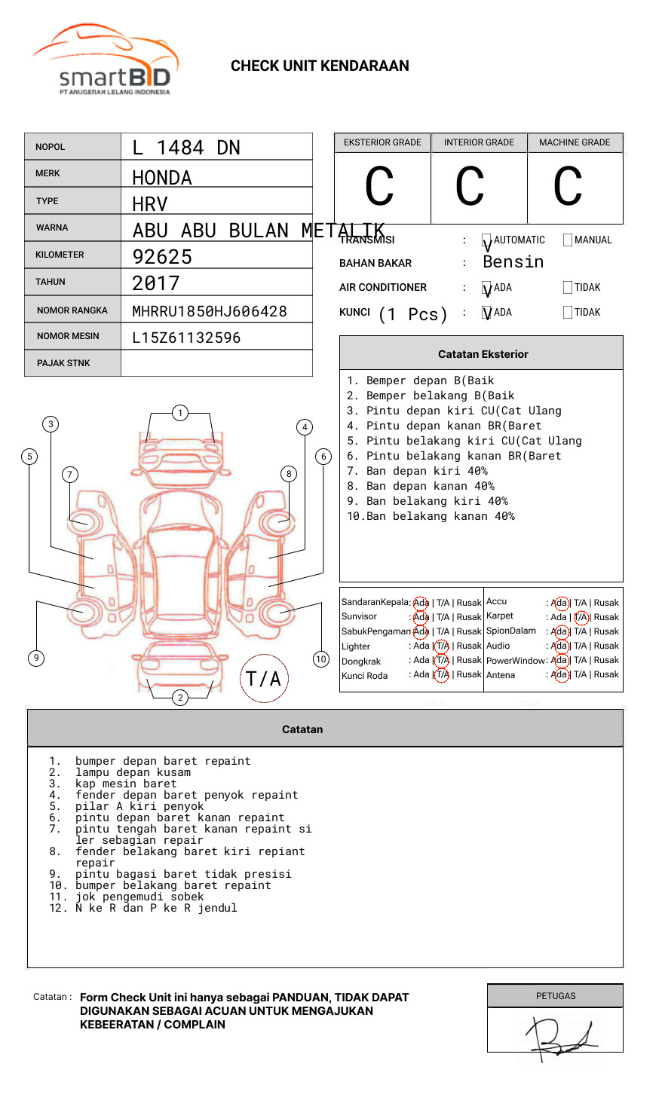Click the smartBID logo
coord(106,60)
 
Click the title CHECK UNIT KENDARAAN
coord(320,66)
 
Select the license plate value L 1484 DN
coord(186,148)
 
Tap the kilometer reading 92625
coord(162,257)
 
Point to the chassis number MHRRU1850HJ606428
coord(210,311)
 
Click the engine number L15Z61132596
coord(186,338)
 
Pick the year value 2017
coord(156,284)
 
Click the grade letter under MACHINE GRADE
coord(568,187)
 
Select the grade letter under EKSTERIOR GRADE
coord(379,187)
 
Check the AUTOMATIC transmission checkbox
coord(487,240)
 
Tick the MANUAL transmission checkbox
coord(568,240)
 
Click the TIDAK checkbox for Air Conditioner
coord(568,288)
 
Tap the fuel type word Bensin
coord(513,262)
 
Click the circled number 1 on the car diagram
coord(179,413)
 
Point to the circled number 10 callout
coord(321,659)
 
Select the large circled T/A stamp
coord(264,678)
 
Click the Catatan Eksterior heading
coord(483,354)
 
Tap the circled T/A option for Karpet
coord(581,617)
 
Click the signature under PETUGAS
coord(562,1036)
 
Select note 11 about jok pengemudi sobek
coord(139,897)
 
